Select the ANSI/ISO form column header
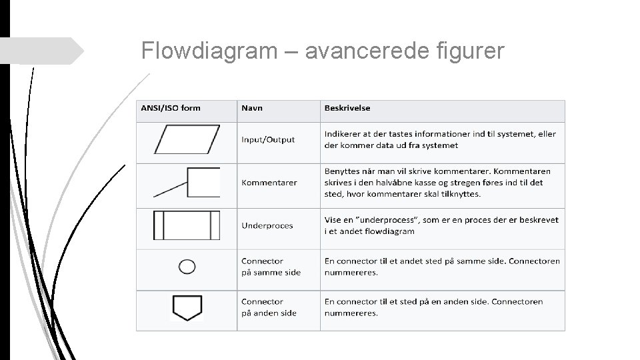(x=171, y=108)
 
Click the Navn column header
(x=252, y=108)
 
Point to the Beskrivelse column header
(x=347, y=108)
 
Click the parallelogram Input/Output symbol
(x=187, y=139)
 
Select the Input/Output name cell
(x=268, y=139)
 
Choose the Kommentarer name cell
(x=269, y=182)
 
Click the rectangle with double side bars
(x=187, y=225)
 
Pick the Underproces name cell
(x=267, y=225)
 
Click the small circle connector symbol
(x=187, y=267)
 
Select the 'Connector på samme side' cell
(x=271, y=267)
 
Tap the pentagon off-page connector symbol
(x=187, y=307)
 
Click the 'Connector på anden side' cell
(x=269, y=307)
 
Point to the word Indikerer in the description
(x=344, y=134)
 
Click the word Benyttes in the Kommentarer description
(x=344, y=171)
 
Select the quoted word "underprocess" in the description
(x=395, y=220)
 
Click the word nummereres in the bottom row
(x=351, y=313)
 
